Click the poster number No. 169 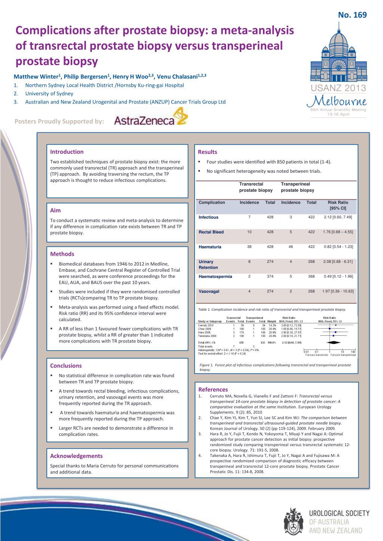[352, 15]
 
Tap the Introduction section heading [67, 152]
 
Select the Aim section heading [55, 210]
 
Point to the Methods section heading [62, 254]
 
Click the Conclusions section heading [66, 366]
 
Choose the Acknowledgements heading [76, 456]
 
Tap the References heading [213, 389]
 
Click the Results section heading [207, 152]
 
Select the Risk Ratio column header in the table [338, 205]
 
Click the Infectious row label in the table [208, 217]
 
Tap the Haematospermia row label [215, 277]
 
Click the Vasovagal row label [209, 291]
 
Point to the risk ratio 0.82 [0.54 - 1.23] [338, 247]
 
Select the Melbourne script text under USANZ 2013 [336, 102]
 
